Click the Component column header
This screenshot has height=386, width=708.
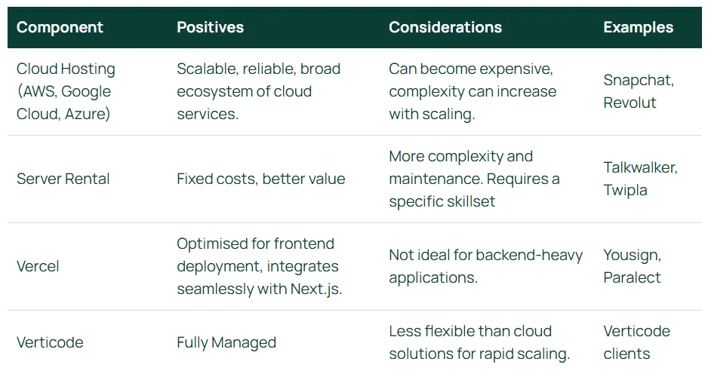coord(60,27)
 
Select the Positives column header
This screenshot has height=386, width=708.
coord(210,27)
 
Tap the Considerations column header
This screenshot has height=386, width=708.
coord(445,27)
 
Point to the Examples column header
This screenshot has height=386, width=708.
coord(638,27)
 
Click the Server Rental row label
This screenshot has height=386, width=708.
coord(63,179)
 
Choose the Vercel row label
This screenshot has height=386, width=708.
coord(38,266)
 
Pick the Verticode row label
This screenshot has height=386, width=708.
coord(50,343)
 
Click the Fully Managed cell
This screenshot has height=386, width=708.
coord(226,343)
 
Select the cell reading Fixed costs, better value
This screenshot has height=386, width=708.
coord(261,179)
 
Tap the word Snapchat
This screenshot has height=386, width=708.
coord(639,80)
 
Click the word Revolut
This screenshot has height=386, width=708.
coord(630,103)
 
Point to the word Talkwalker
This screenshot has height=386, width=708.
coord(640,168)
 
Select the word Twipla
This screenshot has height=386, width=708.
coord(625,190)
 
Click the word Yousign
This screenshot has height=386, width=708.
coord(633,256)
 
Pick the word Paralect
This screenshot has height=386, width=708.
coord(632,277)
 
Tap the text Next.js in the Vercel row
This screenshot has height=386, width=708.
coord(316,289)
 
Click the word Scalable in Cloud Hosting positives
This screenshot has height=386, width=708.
coord(208,69)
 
